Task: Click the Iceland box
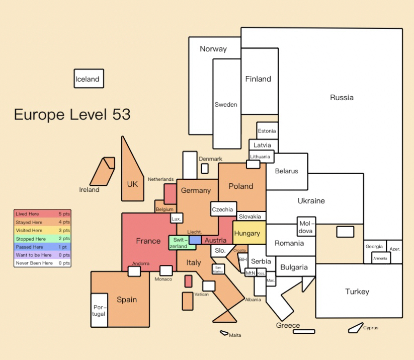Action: coord(89,79)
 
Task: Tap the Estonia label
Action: coord(267,131)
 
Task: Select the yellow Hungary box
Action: coord(249,233)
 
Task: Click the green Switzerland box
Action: coord(182,243)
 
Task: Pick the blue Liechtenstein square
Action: coord(195,240)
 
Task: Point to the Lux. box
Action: coord(177,219)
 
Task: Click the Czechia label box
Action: coord(224,209)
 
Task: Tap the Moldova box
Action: coord(306,227)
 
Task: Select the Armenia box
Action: coord(381,258)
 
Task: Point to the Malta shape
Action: coord(224,333)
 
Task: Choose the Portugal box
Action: coord(99,310)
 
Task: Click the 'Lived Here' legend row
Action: coord(43,214)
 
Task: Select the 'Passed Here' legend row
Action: coord(43,247)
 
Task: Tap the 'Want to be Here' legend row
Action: coord(43,255)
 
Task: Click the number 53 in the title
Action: coord(121,114)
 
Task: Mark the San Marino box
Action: coord(218,269)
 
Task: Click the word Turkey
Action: coord(357,292)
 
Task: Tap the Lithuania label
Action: coord(260,157)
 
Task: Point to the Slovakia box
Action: coord(251,216)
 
